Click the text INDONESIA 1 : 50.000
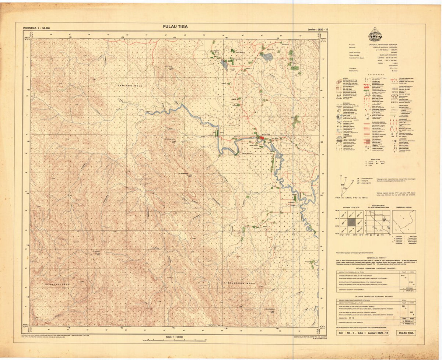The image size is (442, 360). click(x=36, y=28)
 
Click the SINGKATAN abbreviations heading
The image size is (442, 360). click(x=376, y=159)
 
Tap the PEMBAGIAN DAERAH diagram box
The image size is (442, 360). click(x=404, y=222)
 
